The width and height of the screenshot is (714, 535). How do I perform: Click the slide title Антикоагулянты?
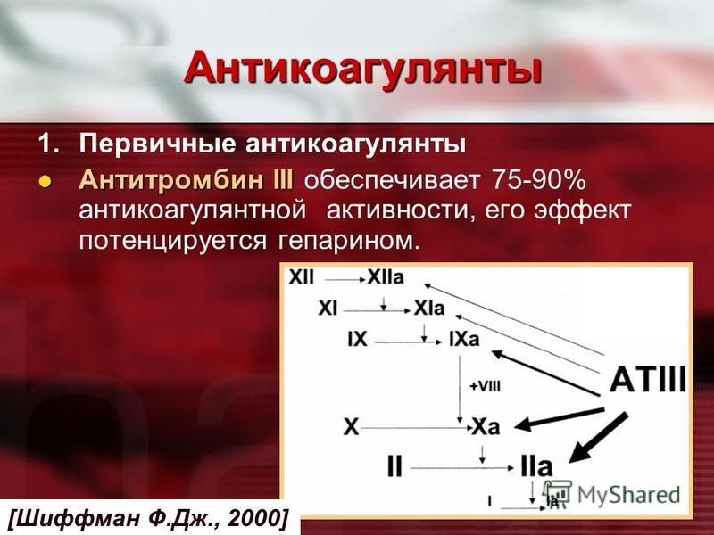[x=363, y=70]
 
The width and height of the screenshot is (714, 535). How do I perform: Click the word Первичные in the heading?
[x=158, y=144]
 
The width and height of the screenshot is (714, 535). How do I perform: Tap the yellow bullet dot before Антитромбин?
[x=44, y=182]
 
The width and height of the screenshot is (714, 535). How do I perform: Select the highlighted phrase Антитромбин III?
[x=187, y=180]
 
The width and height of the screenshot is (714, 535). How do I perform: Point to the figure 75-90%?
[x=539, y=180]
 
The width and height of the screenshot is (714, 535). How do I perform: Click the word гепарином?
[x=347, y=241]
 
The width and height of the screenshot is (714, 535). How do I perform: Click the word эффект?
[x=583, y=210]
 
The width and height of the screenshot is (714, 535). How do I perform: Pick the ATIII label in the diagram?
[x=648, y=380]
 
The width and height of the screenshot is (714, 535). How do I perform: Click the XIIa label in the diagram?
[x=386, y=277]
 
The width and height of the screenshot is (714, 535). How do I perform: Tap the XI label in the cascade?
[x=328, y=309]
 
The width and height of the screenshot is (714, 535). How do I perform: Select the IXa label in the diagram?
[x=464, y=339]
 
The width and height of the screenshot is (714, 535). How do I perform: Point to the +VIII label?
[x=485, y=386]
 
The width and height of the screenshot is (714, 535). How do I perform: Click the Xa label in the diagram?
[x=486, y=426]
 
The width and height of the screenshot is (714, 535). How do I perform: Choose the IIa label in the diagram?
[x=536, y=466]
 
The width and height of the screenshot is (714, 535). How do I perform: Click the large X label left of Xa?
[x=351, y=427]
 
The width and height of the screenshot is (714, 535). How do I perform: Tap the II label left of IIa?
[x=394, y=466]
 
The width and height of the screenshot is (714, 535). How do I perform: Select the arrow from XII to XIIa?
[x=345, y=280]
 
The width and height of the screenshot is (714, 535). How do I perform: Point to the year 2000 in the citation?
[x=256, y=518]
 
